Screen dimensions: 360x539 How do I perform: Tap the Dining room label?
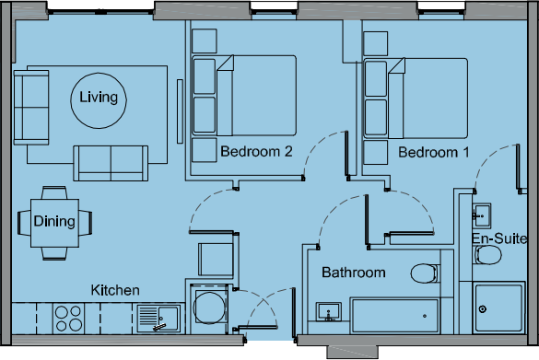point(53,221)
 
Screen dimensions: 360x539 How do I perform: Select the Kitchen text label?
point(115,290)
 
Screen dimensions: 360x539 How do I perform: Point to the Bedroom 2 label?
point(256,152)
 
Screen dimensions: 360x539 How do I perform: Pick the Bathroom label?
point(353,273)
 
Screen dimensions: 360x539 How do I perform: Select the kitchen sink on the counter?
point(158,319)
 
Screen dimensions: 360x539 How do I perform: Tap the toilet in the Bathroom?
point(423,273)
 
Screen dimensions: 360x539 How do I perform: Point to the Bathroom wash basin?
point(328,314)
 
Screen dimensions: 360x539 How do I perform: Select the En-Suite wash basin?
point(481,217)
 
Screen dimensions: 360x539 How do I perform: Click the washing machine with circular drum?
point(210,308)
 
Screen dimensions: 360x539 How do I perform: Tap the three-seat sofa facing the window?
point(111,163)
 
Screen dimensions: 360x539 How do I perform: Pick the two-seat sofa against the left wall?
point(32,105)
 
